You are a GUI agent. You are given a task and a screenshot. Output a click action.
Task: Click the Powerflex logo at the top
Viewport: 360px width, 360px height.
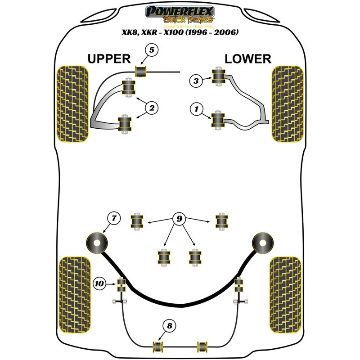click(x=180, y=14)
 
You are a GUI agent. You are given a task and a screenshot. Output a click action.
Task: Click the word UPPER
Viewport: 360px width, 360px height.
click(x=109, y=58)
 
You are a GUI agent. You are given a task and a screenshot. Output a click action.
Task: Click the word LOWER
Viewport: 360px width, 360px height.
click(x=248, y=58)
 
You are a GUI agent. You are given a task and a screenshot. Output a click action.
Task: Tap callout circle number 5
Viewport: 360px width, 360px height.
click(x=152, y=50)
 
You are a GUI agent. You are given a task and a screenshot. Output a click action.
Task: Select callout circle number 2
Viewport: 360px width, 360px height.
click(x=152, y=108)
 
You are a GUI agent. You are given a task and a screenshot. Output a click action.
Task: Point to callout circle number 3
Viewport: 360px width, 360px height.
click(x=196, y=81)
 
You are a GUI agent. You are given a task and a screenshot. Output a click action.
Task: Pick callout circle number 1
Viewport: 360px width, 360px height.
click(x=196, y=108)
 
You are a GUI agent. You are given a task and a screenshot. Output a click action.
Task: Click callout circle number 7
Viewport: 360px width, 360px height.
click(x=114, y=218)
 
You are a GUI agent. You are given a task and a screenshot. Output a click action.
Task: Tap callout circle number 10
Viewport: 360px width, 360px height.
click(x=99, y=283)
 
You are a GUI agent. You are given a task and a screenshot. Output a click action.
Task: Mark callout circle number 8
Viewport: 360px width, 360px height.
click(x=170, y=326)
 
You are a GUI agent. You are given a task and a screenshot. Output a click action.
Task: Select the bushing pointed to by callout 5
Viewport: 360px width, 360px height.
click(x=142, y=71)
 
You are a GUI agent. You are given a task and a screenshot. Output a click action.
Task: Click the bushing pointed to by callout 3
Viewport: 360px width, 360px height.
click(x=219, y=77)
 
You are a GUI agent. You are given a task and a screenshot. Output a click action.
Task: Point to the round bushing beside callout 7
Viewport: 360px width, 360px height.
click(x=97, y=243)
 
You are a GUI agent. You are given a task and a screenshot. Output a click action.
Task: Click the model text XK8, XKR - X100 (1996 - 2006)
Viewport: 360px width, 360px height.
click(x=180, y=32)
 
